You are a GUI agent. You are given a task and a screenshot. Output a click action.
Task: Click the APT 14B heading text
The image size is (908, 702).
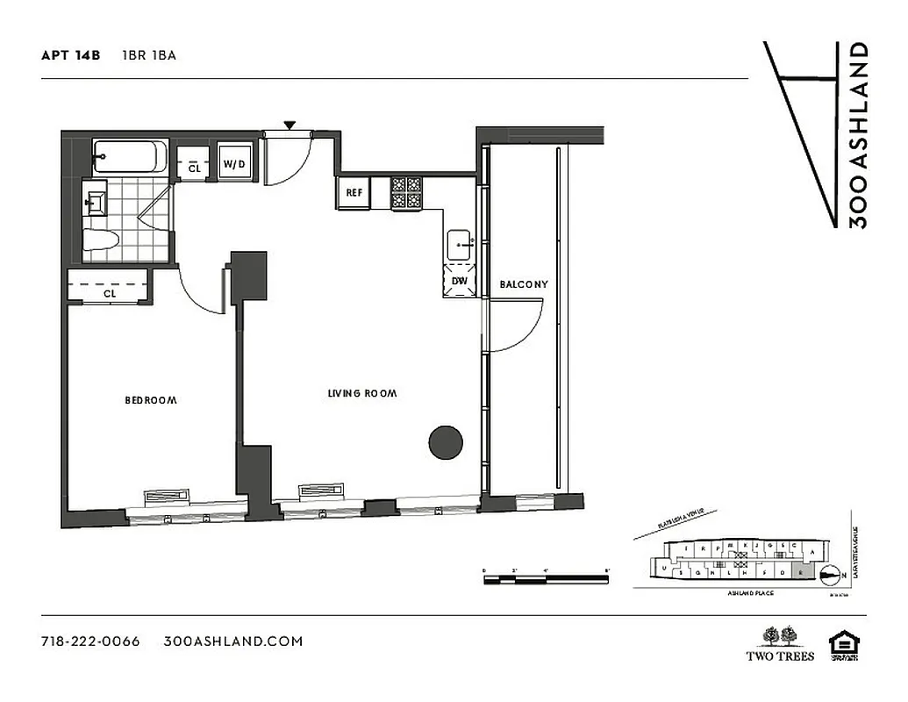click(70, 55)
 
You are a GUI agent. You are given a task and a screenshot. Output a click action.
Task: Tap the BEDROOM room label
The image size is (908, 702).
click(150, 400)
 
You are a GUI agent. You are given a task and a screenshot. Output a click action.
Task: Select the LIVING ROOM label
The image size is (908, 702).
click(361, 394)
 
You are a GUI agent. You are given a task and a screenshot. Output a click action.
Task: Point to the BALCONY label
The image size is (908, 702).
click(523, 284)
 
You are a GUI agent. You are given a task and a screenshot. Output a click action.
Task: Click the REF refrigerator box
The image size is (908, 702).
click(354, 193)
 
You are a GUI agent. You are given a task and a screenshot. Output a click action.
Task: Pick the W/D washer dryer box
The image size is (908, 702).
click(233, 164)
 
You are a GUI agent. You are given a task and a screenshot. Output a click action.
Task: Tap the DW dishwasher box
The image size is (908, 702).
click(460, 281)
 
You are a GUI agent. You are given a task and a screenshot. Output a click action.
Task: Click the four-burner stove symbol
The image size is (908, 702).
click(406, 193)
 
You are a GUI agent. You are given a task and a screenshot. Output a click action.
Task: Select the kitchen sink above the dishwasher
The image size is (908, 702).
click(460, 243)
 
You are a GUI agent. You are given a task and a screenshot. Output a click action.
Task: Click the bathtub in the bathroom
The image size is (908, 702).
click(126, 157)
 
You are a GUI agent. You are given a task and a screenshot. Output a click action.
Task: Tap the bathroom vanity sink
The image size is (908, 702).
click(95, 199)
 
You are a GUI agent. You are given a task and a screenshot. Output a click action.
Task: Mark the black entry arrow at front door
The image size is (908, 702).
click(289, 126)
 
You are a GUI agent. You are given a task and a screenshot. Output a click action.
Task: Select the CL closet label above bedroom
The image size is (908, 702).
click(109, 294)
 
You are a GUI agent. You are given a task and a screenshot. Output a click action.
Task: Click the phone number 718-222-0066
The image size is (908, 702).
click(90, 641)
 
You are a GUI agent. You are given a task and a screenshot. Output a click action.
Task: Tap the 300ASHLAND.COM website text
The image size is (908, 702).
click(233, 641)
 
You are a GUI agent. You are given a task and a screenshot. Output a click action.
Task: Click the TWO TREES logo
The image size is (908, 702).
click(780, 643)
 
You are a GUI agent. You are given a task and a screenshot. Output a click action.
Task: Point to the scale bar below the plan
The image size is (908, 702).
click(545, 578)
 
